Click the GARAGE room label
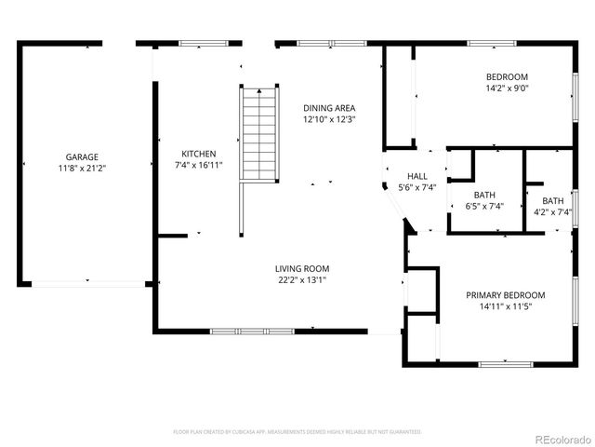click(82, 157)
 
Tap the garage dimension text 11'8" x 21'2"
click(82, 169)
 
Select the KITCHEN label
click(199, 154)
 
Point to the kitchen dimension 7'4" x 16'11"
click(199, 165)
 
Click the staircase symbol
click(259, 133)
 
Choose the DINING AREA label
click(329, 108)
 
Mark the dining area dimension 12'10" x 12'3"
click(329, 119)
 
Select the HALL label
click(417, 176)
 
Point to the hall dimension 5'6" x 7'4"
click(417, 187)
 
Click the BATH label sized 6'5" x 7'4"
click(483, 195)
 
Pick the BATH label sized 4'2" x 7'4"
click(553, 200)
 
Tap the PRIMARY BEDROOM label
click(505, 295)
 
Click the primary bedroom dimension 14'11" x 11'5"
click(505, 306)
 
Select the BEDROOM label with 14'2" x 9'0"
click(507, 77)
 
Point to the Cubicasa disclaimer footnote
click(297, 432)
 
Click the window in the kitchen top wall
click(202, 43)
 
